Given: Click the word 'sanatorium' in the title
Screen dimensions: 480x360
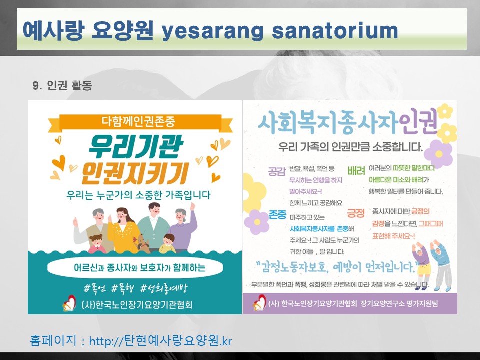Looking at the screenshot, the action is click(x=335, y=31).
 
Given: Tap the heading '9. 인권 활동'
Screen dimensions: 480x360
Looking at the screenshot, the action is click(x=62, y=85).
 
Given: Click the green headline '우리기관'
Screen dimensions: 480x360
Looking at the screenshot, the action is click(x=135, y=147).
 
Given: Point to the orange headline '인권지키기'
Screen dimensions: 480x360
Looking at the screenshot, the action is click(x=135, y=173).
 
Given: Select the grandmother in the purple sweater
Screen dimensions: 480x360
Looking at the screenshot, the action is click(x=182, y=227).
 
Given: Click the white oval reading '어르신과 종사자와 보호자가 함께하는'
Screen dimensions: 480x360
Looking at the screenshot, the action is click(x=135, y=268).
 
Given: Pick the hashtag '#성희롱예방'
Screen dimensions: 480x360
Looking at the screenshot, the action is click(x=164, y=289).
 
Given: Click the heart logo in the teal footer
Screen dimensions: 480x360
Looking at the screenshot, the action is click(x=70, y=303).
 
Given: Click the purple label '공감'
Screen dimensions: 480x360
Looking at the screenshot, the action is click(x=277, y=171).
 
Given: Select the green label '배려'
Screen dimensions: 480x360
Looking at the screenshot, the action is click(x=356, y=171).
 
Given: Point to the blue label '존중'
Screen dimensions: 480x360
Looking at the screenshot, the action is click(x=277, y=214).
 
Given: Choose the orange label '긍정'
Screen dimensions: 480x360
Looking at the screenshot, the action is click(x=356, y=213).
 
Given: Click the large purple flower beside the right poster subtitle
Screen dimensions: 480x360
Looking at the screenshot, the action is click(x=439, y=154).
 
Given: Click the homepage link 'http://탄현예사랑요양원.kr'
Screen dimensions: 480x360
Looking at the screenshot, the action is click(x=160, y=341).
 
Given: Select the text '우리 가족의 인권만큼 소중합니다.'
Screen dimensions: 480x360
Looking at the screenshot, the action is click(x=350, y=147).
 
